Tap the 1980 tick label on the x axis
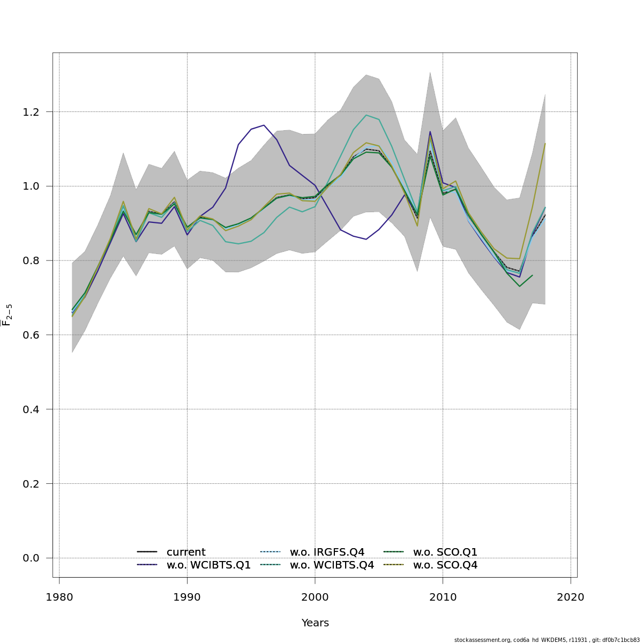click(x=59, y=597)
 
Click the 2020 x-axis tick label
click(x=571, y=597)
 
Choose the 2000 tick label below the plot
click(x=315, y=597)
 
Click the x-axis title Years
click(x=315, y=623)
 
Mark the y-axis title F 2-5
click(x=8, y=315)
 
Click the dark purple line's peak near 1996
click(x=264, y=125)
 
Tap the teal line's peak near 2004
click(x=367, y=115)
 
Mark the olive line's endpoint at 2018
click(x=545, y=144)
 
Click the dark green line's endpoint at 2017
click(x=532, y=275)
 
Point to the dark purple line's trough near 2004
click(x=366, y=239)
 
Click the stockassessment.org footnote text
click(x=547, y=640)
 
